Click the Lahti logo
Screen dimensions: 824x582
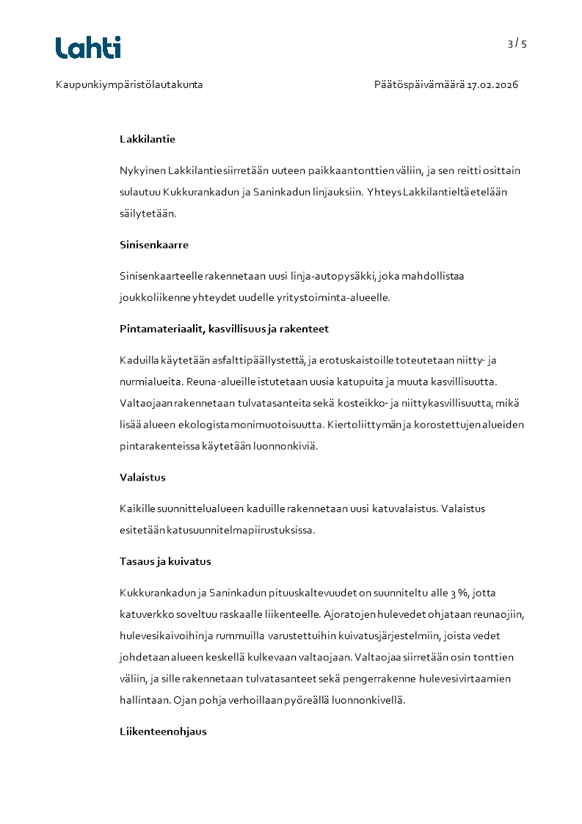[x=88, y=48]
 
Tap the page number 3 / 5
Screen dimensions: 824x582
[x=517, y=44]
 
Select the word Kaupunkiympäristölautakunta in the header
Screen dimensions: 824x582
[x=129, y=85]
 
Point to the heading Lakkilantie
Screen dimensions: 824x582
[x=148, y=139]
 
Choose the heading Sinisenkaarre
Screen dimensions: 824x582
[x=154, y=245]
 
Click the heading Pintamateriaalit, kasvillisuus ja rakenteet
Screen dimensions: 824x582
[x=229, y=329]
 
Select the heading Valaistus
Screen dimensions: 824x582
[x=142, y=478]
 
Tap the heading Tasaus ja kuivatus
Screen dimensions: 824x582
[x=165, y=562]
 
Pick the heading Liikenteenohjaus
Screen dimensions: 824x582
[x=163, y=732]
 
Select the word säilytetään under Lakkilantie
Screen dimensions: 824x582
[x=148, y=214]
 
